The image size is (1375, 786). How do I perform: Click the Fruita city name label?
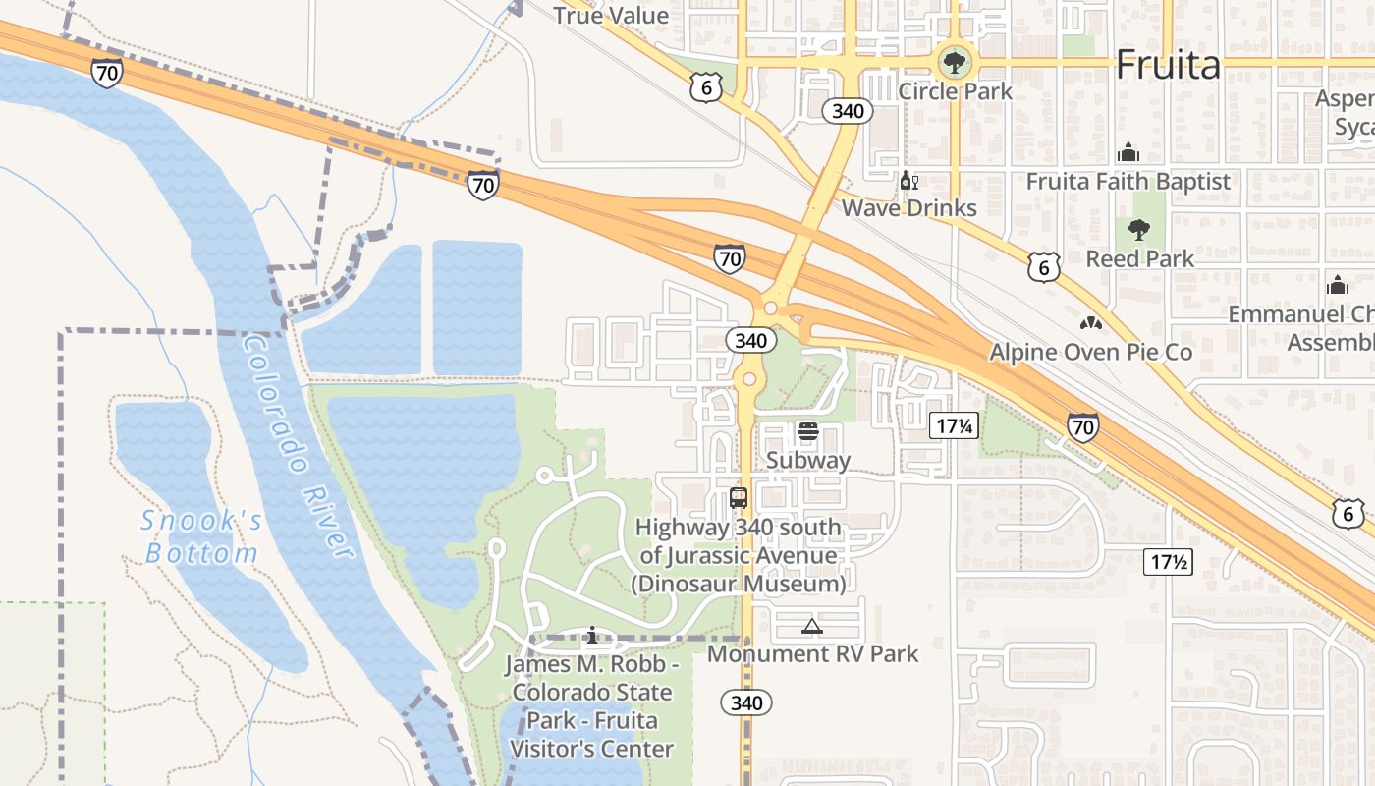click(x=1168, y=65)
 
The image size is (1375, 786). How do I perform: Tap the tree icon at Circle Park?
click(x=953, y=63)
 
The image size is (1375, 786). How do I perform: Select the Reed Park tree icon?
click(x=1139, y=231)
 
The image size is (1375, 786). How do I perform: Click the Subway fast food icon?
click(x=808, y=431)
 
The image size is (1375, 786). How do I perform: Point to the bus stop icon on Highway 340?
click(x=739, y=498)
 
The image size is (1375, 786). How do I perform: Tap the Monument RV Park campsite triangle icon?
click(x=812, y=626)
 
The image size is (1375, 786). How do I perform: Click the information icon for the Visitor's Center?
click(x=591, y=636)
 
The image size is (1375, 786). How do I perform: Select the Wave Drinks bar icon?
click(x=908, y=181)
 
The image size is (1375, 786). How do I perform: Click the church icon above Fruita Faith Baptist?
click(x=1128, y=153)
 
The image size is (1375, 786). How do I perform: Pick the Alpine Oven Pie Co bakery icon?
click(x=1090, y=323)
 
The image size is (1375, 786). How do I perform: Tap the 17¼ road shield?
click(x=955, y=425)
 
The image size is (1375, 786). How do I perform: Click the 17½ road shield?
click(x=1169, y=563)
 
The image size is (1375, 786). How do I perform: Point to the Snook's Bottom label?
click(x=201, y=537)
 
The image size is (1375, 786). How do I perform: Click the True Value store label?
click(x=611, y=16)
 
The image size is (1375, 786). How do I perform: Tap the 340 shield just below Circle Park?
click(x=847, y=110)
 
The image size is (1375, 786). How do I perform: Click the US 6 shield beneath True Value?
click(x=706, y=87)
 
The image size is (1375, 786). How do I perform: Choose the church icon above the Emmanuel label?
click(x=1337, y=286)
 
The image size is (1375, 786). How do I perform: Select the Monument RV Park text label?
click(x=813, y=653)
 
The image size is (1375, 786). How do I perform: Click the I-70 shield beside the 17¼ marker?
click(x=1082, y=426)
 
